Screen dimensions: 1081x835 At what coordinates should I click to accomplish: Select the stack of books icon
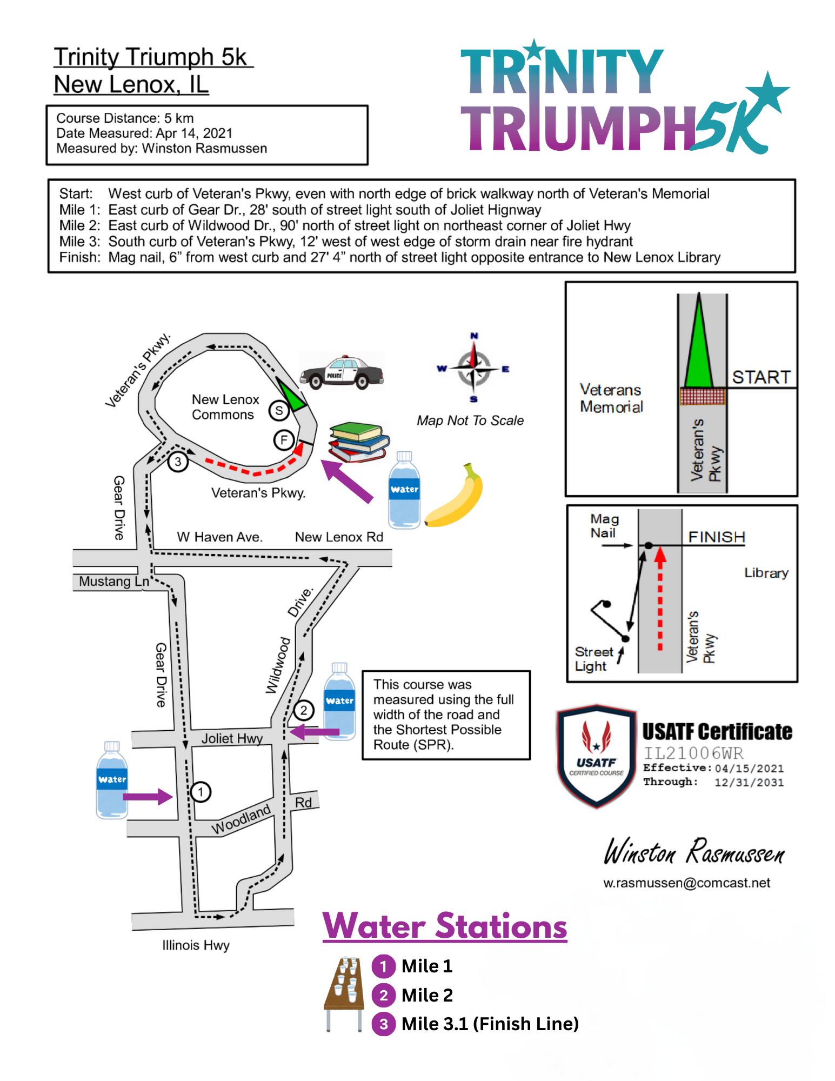359,442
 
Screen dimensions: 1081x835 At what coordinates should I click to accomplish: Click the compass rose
474,369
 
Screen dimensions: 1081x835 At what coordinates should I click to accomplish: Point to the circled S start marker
279,411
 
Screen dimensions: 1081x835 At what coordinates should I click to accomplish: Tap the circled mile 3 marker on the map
177,462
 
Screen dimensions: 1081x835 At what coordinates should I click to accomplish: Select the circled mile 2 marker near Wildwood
304,710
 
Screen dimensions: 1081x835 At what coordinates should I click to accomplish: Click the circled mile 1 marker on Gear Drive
201,792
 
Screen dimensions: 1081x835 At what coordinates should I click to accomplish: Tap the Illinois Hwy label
196,945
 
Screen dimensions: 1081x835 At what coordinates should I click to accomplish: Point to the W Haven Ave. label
219,537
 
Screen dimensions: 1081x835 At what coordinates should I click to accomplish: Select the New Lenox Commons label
225,407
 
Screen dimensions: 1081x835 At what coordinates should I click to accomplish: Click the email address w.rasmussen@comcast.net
686,883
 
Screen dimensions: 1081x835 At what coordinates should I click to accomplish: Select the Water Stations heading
445,926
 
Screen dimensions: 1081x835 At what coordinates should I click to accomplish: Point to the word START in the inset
761,377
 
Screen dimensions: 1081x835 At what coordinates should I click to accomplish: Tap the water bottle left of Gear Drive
111,779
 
